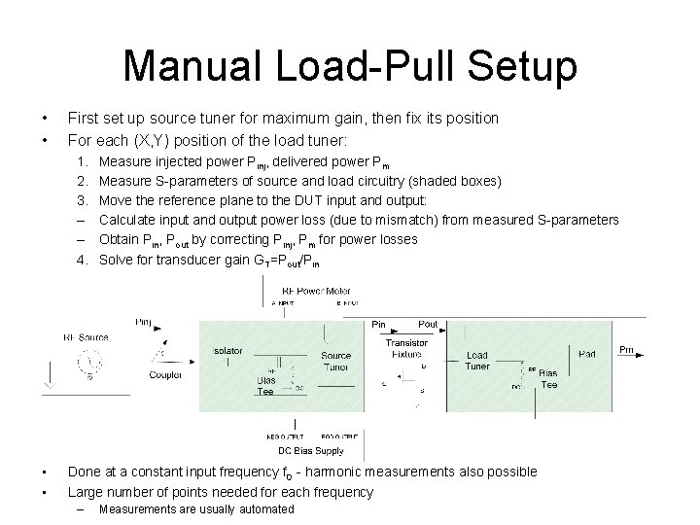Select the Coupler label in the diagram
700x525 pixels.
[164, 374]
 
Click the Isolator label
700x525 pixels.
[227, 350]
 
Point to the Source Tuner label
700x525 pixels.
[336, 362]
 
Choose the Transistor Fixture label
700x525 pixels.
[406, 349]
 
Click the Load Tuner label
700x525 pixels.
[476, 361]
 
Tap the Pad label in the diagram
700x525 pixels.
[587, 354]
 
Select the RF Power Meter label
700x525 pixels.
[316, 291]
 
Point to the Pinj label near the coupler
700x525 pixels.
[144, 322]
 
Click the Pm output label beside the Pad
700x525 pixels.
[627, 349]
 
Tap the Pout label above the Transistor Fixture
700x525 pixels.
[427, 324]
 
